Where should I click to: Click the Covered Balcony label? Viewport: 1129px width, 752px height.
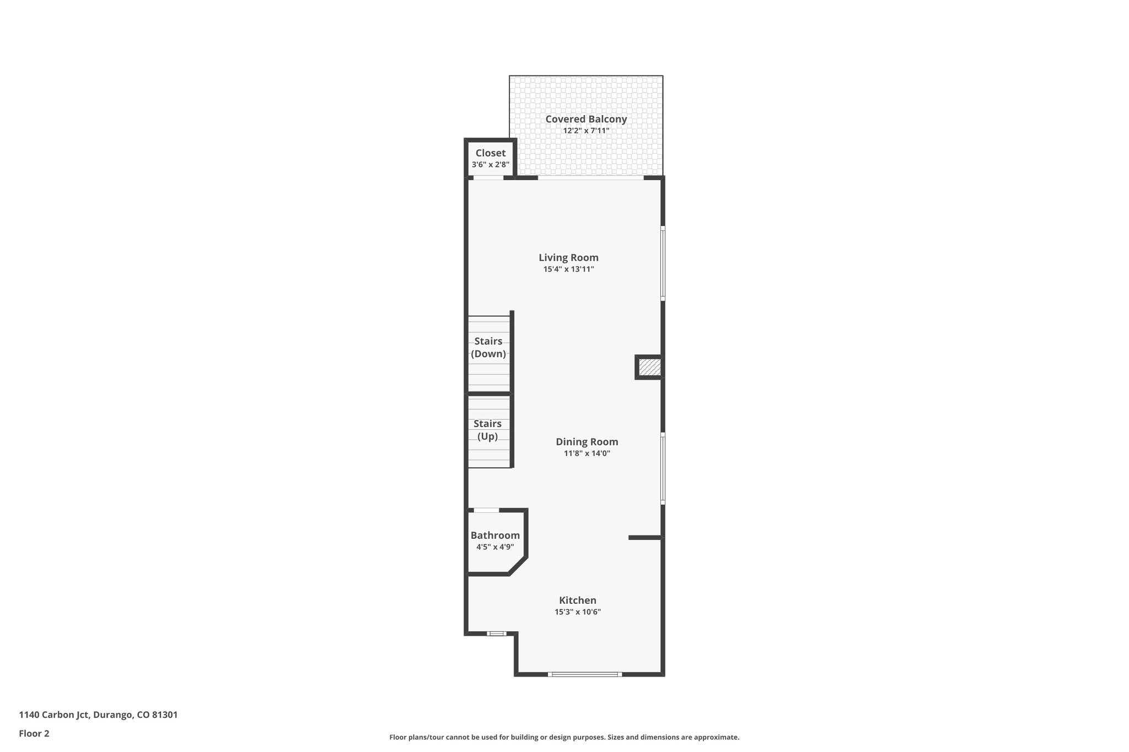pyautogui.click(x=586, y=119)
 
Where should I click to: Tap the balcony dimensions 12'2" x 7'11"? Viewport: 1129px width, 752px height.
pyautogui.click(x=586, y=131)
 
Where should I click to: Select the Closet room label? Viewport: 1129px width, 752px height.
pyautogui.click(x=490, y=153)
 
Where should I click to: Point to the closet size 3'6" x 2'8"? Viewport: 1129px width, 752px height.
pyautogui.click(x=490, y=165)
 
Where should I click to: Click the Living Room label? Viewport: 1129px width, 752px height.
pyautogui.click(x=568, y=257)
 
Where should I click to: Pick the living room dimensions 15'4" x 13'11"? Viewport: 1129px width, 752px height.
pyautogui.click(x=568, y=269)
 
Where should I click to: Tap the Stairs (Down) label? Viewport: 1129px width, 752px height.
pyautogui.click(x=488, y=348)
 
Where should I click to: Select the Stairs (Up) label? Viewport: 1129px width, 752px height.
pyautogui.click(x=488, y=430)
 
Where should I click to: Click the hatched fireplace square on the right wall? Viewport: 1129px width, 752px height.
pyautogui.click(x=649, y=367)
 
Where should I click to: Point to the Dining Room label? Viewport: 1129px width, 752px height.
pyautogui.click(x=587, y=442)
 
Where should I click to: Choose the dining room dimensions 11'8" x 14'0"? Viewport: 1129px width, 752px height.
pyautogui.click(x=587, y=454)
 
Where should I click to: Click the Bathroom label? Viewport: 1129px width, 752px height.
pyautogui.click(x=495, y=535)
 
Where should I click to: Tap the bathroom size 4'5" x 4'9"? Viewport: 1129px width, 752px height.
pyautogui.click(x=495, y=548)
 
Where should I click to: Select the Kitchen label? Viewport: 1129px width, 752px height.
pyautogui.click(x=577, y=600)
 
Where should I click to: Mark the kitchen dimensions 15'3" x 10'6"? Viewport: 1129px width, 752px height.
pyautogui.click(x=577, y=612)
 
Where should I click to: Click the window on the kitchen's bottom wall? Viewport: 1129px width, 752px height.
pyautogui.click(x=584, y=674)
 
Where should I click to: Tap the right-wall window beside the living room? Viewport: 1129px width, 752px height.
pyautogui.click(x=663, y=263)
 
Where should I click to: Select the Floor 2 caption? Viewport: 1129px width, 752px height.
pyautogui.click(x=34, y=734)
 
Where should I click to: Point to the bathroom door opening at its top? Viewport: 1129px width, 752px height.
pyautogui.click(x=486, y=510)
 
